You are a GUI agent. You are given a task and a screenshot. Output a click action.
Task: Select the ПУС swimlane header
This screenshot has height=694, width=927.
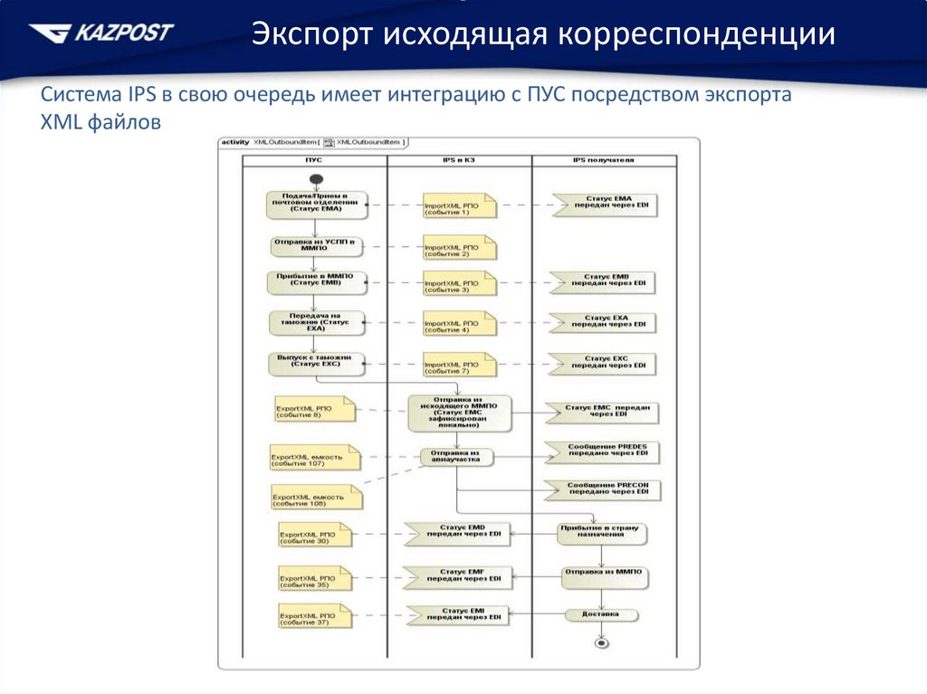pyautogui.click(x=313, y=160)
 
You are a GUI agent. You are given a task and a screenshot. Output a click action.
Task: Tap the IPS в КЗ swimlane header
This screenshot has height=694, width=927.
pyautogui.click(x=458, y=160)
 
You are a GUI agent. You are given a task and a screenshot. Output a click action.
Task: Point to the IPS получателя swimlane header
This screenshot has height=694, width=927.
pyautogui.click(x=604, y=160)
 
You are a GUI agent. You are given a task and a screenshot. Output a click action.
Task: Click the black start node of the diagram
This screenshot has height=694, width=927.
pyautogui.click(x=314, y=176)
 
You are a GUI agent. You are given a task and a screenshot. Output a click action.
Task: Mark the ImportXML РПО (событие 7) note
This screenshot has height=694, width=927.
pyautogui.click(x=460, y=366)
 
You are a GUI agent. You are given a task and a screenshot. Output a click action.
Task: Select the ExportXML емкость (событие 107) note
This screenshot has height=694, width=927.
pyautogui.click(x=315, y=459)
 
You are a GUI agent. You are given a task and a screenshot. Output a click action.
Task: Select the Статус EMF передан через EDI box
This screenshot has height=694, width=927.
pyautogui.click(x=458, y=575)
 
